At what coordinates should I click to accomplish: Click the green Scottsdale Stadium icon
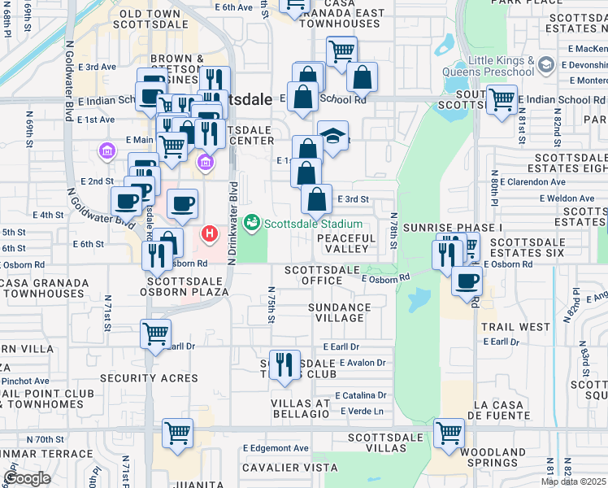click(x=253, y=222)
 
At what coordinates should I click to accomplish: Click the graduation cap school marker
click(x=332, y=136)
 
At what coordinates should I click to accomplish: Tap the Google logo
click(x=27, y=478)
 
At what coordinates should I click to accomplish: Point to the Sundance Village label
click(x=339, y=313)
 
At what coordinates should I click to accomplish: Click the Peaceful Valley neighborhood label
click(x=346, y=244)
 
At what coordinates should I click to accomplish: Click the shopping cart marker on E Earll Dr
click(x=155, y=333)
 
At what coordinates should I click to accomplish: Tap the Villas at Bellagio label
click(x=300, y=409)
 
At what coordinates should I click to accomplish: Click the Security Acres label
click(x=149, y=378)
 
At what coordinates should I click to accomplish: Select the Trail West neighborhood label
click(x=515, y=327)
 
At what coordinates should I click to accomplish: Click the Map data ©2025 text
click(x=573, y=481)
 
